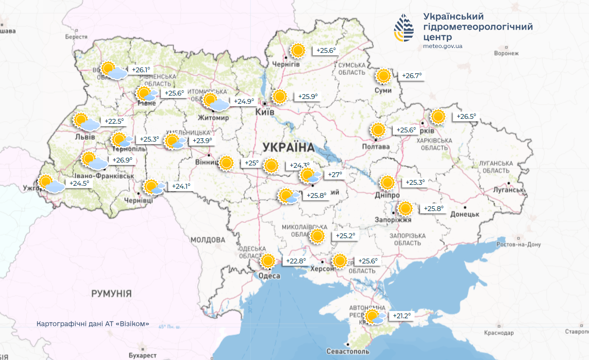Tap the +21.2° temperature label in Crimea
click(x=401, y=316)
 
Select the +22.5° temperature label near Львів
click(x=114, y=121)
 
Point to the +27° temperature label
click(x=335, y=175)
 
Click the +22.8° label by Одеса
click(x=296, y=261)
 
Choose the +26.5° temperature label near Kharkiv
click(x=466, y=117)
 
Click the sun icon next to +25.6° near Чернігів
click(x=298, y=50)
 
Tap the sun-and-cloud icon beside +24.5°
click(x=51, y=184)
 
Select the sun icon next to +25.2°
click(x=318, y=236)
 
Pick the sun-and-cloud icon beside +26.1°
click(x=114, y=70)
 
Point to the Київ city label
click(x=265, y=112)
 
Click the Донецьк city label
click(x=465, y=214)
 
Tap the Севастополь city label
click(x=348, y=351)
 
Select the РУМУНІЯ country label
click(x=111, y=294)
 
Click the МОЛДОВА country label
click(x=208, y=240)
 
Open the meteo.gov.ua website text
click(x=442, y=47)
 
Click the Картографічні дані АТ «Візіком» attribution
click(x=93, y=324)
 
